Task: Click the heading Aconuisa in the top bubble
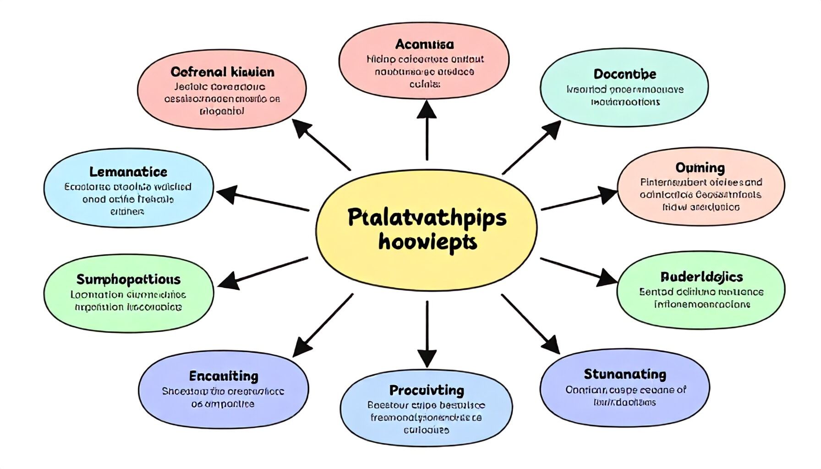(x=424, y=44)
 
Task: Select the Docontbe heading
(x=624, y=74)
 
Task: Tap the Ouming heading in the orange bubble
(x=700, y=168)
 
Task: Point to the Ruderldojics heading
(x=701, y=277)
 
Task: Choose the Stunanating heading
(x=624, y=374)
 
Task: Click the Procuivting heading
(x=427, y=390)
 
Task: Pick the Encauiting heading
(x=224, y=376)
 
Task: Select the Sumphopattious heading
(x=128, y=279)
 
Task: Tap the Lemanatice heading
(x=128, y=172)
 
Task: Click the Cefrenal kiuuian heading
(x=222, y=72)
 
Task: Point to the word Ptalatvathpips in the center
(x=427, y=218)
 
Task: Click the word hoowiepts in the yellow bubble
(x=427, y=242)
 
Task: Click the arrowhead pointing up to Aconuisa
(x=427, y=110)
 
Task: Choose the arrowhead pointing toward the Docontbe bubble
(x=551, y=130)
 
